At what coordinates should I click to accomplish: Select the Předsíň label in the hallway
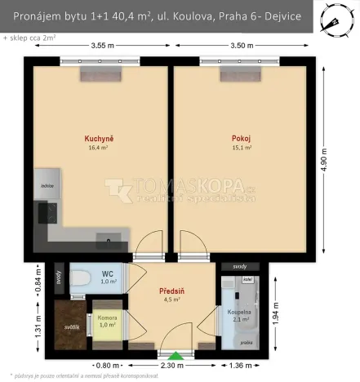click(170, 290)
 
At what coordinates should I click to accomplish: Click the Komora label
click(107, 317)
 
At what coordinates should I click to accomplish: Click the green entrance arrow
click(175, 355)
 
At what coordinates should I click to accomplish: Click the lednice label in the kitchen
click(48, 186)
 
